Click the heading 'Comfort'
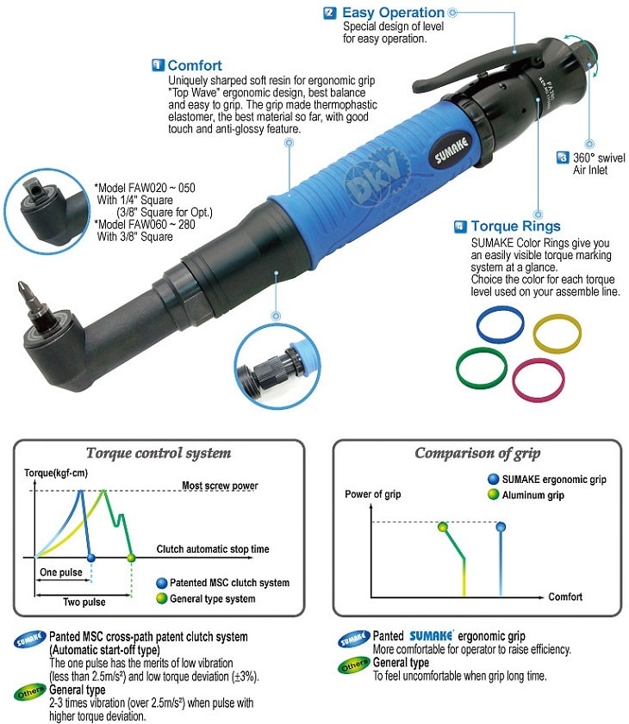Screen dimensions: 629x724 [x=195, y=65]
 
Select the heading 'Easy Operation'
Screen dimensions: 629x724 [x=393, y=12]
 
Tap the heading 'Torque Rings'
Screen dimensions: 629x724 [x=515, y=226]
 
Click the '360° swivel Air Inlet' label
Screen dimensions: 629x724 [x=599, y=164]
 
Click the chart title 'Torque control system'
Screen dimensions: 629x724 [x=159, y=453]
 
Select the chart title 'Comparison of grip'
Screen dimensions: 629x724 [x=477, y=453]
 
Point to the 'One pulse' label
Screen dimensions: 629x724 [x=60, y=572]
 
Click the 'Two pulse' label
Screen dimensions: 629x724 [x=84, y=602]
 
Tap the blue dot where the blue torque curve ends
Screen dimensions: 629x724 [x=91, y=558]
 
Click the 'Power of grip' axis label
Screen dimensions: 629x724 [x=373, y=494]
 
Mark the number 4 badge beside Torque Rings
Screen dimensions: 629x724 [x=460, y=226]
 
